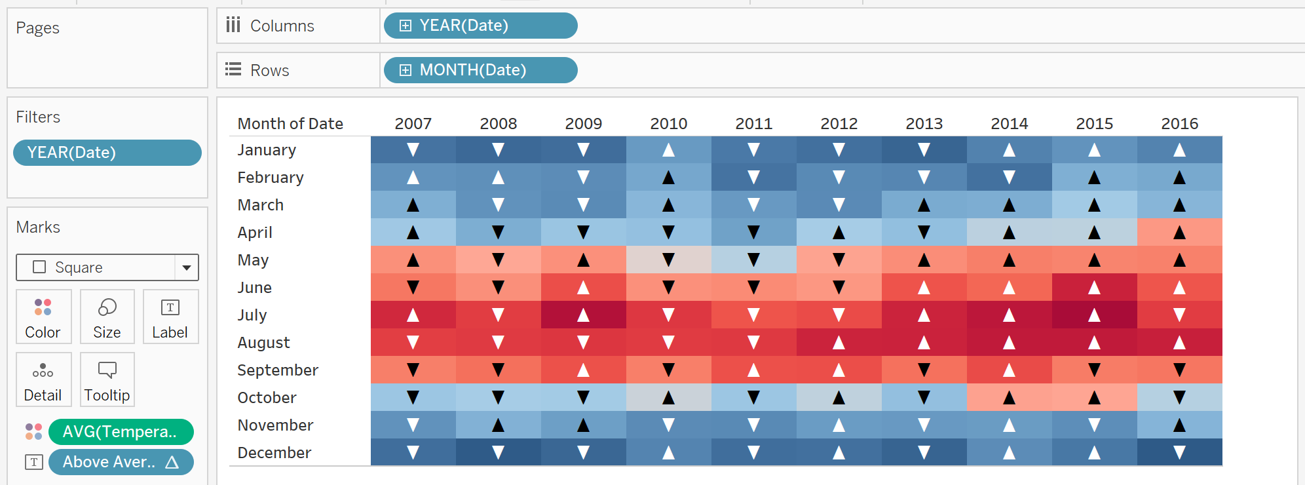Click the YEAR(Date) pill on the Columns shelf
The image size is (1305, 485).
tap(480, 26)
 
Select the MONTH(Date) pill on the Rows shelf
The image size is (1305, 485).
tap(480, 70)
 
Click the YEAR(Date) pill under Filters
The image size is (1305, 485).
tap(107, 153)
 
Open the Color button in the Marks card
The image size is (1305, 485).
tap(43, 317)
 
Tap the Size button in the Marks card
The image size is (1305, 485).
tap(107, 317)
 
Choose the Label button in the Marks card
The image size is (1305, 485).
tap(170, 317)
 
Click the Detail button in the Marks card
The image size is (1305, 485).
tap(43, 379)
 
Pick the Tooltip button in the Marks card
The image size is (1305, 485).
tap(107, 379)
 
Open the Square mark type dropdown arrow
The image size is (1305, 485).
tap(187, 267)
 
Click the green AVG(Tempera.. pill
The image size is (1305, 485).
tap(121, 432)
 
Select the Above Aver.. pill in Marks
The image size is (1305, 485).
tap(121, 462)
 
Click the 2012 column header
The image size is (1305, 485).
tap(839, 123)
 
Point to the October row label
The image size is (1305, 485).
tap(267, 398)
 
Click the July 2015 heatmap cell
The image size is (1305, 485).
tap(1095, 315)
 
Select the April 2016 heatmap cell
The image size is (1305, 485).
tap(1180, 232)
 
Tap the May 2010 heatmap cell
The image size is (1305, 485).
tap(669, 260)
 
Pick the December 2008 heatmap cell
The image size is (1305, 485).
tap(499, 452)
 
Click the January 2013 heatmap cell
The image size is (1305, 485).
tap(924, 149)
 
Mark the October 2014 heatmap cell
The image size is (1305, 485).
tap(1010, 397)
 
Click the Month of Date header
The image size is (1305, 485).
tap(290, 123)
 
